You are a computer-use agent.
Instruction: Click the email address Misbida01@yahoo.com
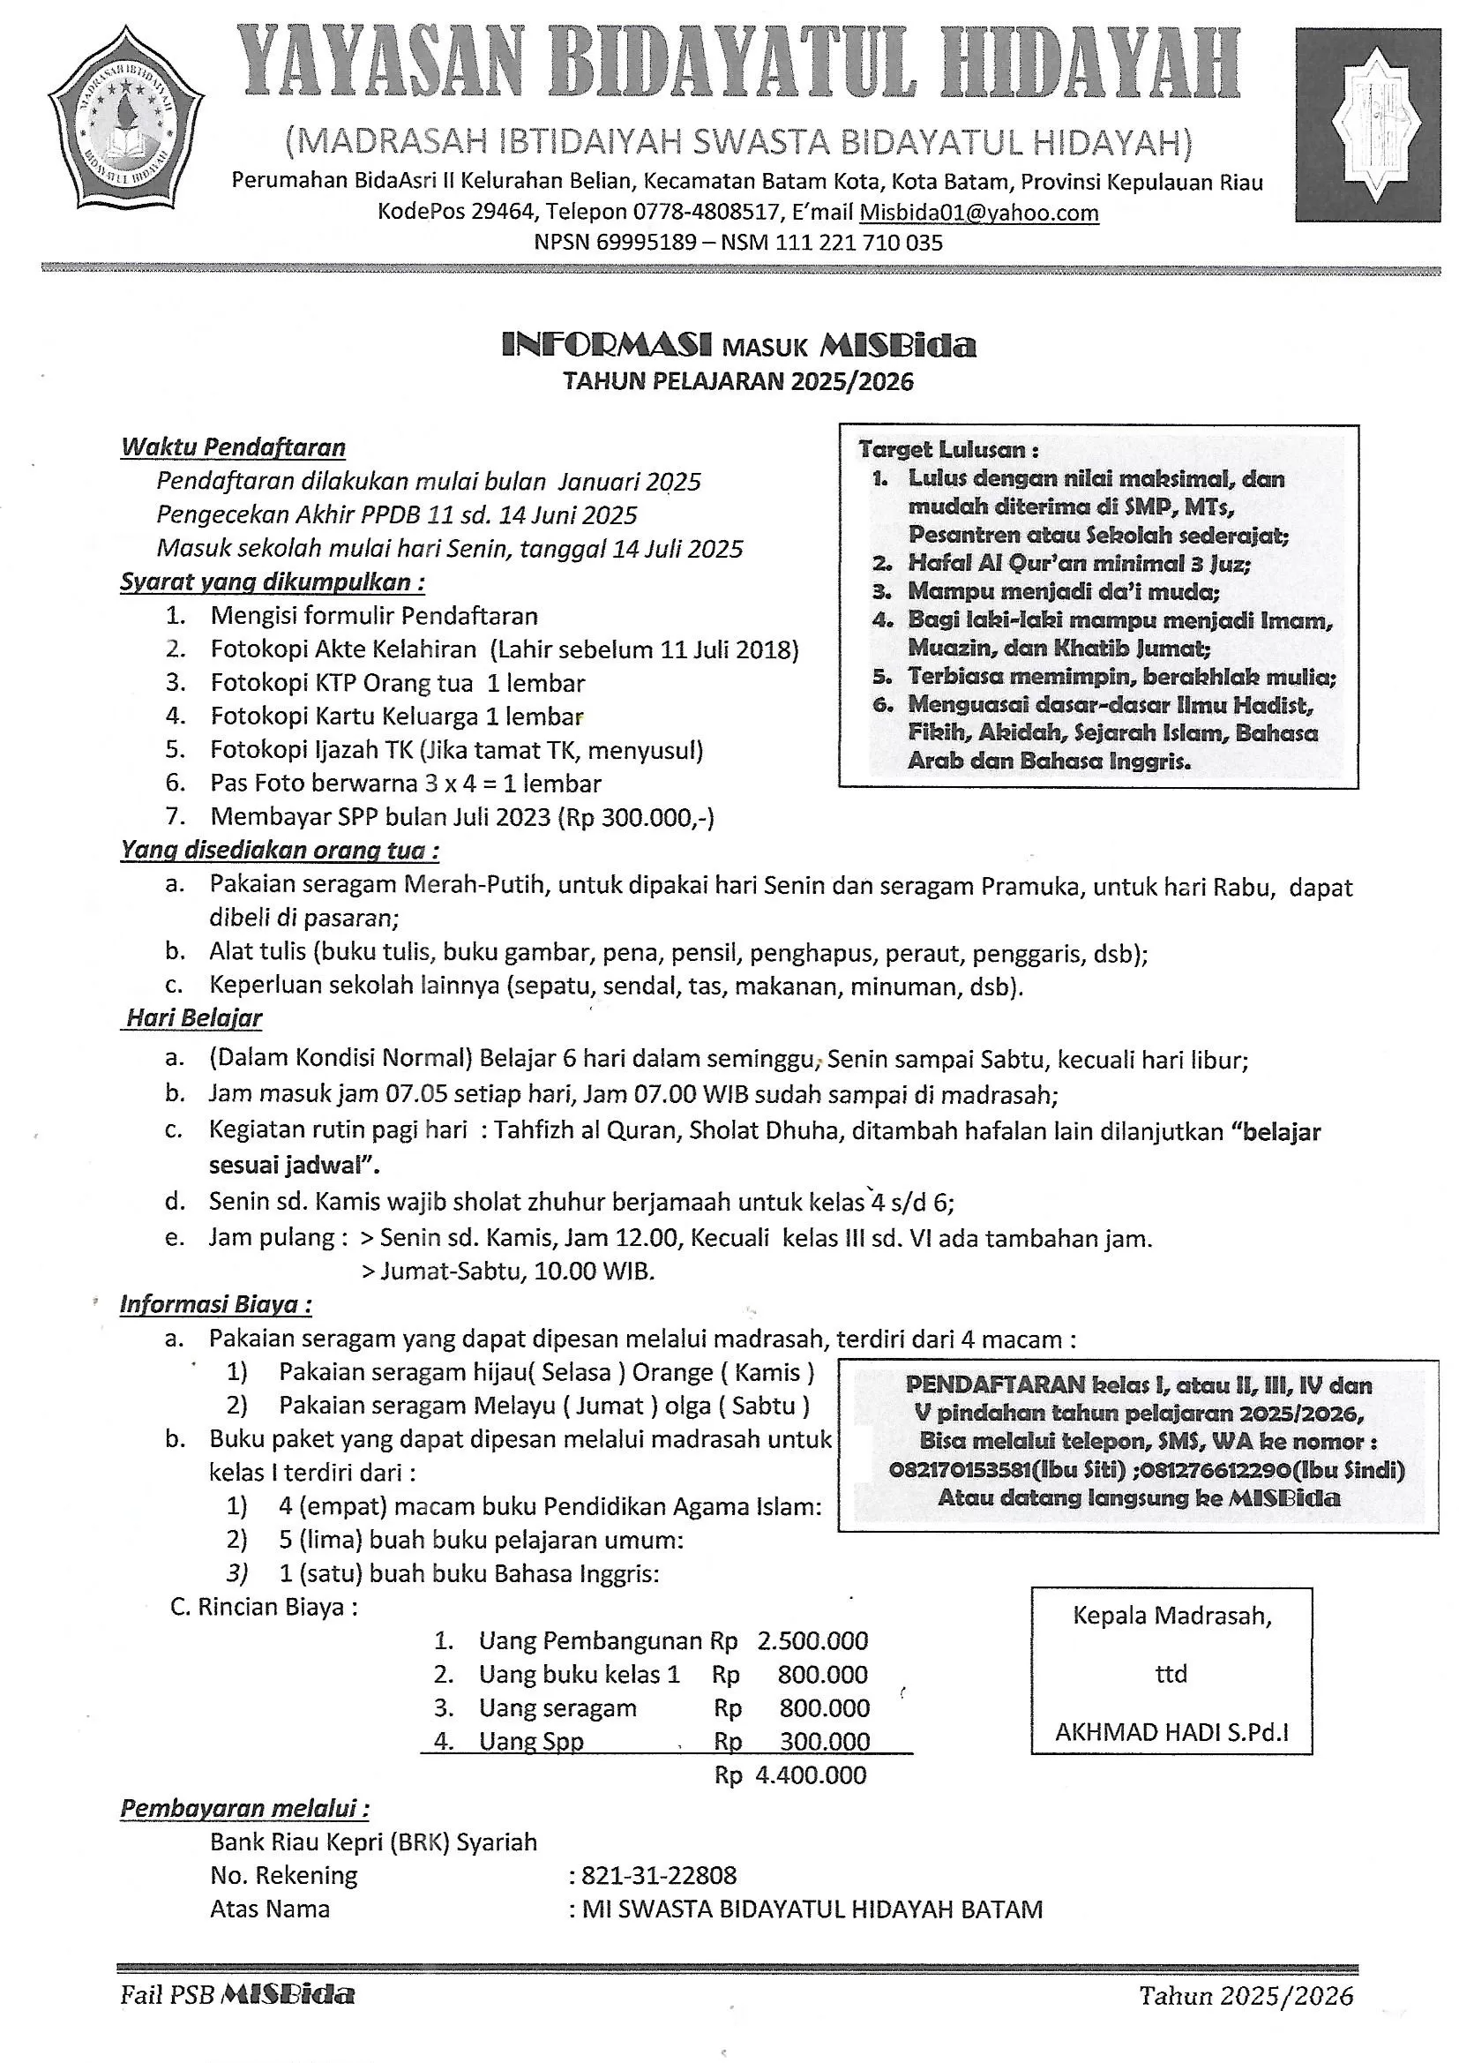978,213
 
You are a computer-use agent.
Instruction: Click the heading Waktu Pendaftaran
233,447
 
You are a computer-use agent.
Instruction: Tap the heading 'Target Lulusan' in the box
947,449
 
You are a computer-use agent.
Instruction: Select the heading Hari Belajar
194,1018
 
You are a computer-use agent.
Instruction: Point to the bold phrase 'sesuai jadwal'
295,1166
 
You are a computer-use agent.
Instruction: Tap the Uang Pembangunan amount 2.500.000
812,1640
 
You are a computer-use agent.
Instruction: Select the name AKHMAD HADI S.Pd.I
1171,1732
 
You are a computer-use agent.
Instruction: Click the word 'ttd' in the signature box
1171,1674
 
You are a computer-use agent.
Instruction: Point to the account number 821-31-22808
659,1875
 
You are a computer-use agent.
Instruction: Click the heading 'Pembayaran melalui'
244,1809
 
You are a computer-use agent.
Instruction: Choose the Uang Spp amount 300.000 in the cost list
824,1741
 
